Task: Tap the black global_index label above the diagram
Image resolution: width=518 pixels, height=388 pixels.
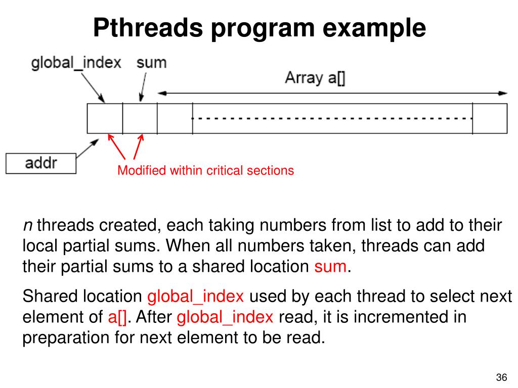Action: coord(76,63)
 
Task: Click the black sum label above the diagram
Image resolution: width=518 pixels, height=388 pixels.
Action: coord(151,63)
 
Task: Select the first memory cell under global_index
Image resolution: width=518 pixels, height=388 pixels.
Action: coord(105,118)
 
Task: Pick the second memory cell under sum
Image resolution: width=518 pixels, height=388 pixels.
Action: coord(140,118)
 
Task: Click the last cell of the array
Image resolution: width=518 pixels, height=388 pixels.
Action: coord(490,118)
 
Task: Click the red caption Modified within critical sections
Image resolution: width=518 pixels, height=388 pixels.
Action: coord(205,171)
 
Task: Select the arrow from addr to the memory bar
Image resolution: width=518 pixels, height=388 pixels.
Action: coord(87,148)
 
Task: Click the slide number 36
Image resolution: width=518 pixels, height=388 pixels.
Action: coord(501,378)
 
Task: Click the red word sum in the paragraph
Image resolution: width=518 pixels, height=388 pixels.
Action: coord(330,266)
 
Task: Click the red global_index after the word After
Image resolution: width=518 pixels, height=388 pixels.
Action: coord(225,317)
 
